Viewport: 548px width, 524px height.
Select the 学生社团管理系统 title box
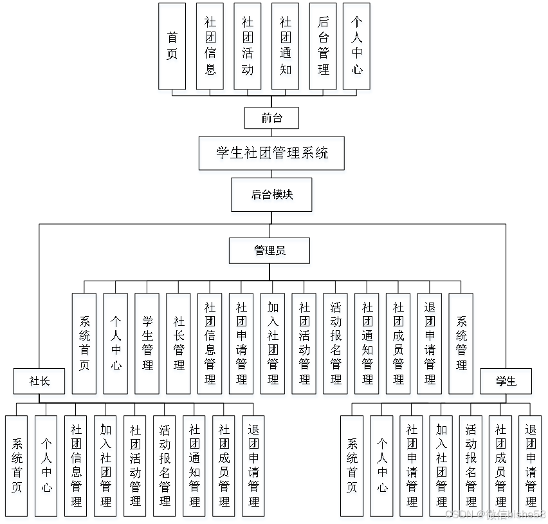(x=271, y=153)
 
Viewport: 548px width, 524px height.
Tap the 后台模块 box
(x=271, y=194)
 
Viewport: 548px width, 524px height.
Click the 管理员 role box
(x=269, y=250)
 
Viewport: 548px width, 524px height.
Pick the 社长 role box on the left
(x=40, y=381)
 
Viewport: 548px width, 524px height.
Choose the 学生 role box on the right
(x=506, y=381)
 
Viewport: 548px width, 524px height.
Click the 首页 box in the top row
(x=172, y=46)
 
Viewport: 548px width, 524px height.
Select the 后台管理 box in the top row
(x=323, y=46)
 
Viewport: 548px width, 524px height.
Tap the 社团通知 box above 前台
(x=285, y=46)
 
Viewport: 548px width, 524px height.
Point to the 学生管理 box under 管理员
(x=147, y=343)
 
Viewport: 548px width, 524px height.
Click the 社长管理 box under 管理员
(x=179, y=343)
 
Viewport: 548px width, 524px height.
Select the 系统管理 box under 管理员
(x=461, y=343)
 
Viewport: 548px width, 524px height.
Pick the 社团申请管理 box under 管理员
(x=241, y=343)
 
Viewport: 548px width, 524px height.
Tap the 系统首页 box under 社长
(x=17, y=465)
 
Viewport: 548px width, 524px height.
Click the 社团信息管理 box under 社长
(x=77, y=465)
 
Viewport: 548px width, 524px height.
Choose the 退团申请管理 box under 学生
(x=531, y=465)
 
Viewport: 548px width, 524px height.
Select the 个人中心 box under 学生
(x=382, y=465)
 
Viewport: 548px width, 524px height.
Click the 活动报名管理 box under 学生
(x=471, y=465)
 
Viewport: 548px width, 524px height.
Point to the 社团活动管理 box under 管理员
(x=304, y=343)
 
